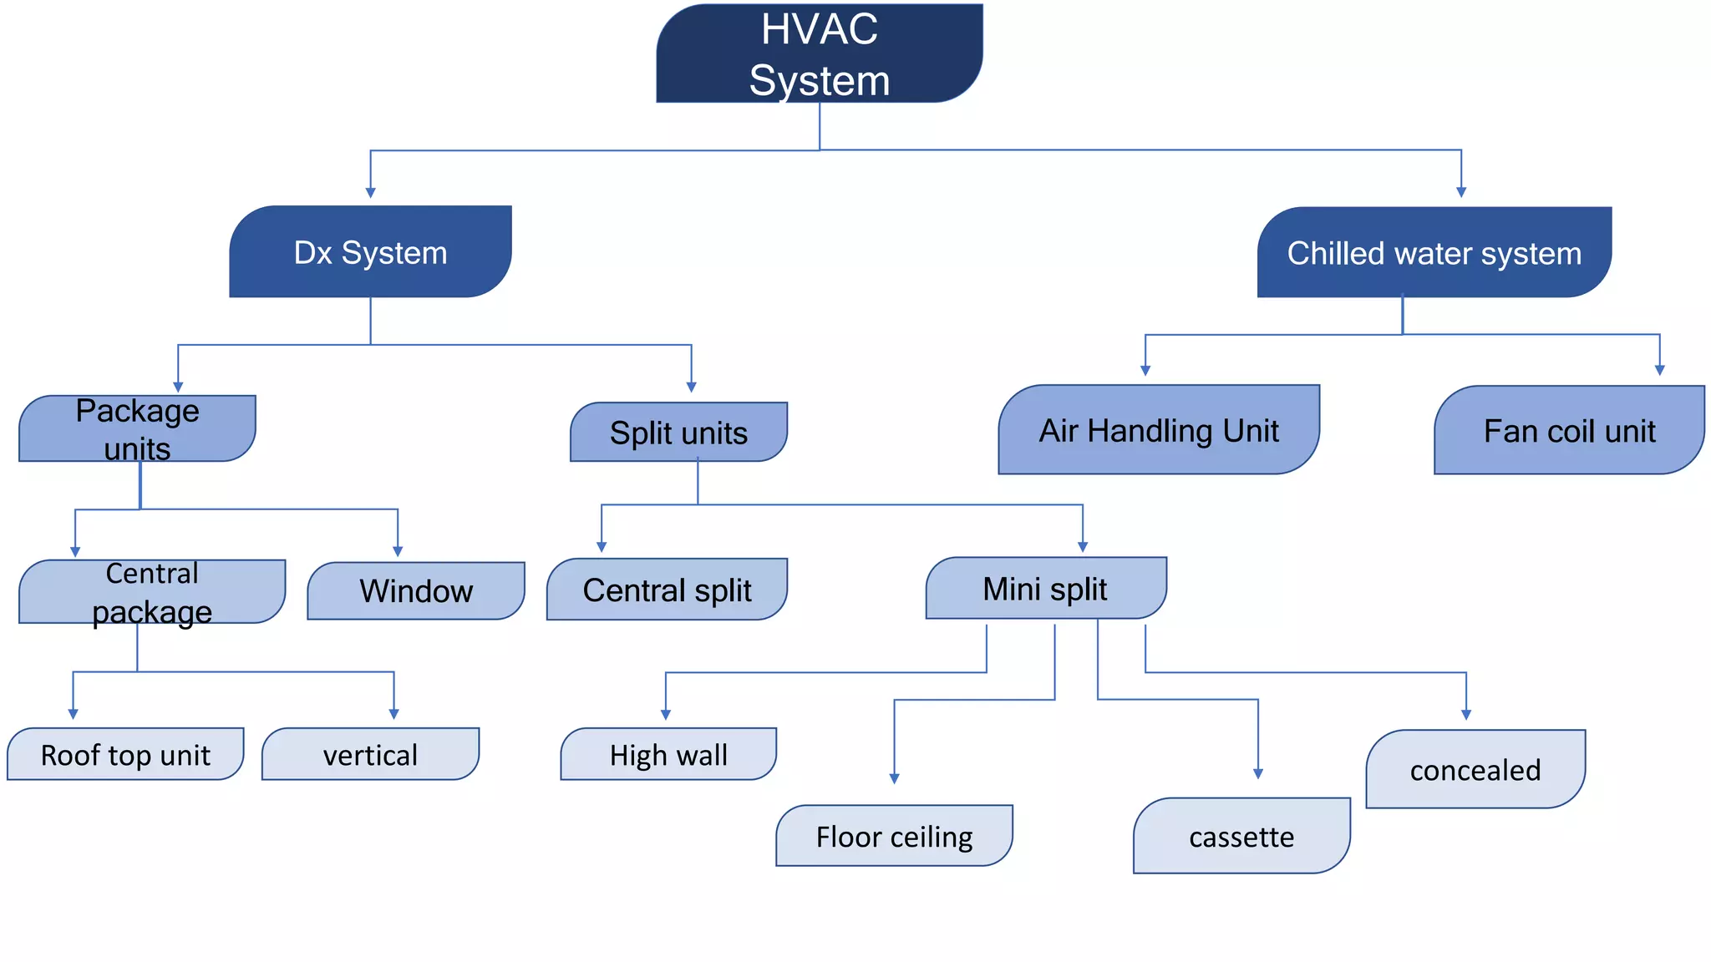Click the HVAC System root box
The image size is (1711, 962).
point(819,53)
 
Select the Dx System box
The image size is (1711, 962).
point(370,251)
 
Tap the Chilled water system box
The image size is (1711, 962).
point(1434,252)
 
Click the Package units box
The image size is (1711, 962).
point(137,428)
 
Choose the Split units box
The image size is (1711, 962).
point(678,432)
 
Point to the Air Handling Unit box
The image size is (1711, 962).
point(1159,430)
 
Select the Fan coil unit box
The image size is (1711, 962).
point(1569,430)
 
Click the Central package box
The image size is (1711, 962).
point(152,591)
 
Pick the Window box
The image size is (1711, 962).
point(416,590)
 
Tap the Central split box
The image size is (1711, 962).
point(667,590)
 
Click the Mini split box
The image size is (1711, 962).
point(1045,588)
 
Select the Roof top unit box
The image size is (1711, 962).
point(125,754)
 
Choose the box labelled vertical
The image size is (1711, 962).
point(370,754)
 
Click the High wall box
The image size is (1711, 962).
point(668,754)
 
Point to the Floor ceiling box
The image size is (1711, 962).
point(894,836)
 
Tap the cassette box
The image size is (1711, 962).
point(1241,836)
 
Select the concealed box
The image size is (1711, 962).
point(1475,769)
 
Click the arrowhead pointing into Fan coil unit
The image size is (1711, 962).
point(1659,370)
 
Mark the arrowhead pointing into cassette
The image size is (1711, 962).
point(1257,774)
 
